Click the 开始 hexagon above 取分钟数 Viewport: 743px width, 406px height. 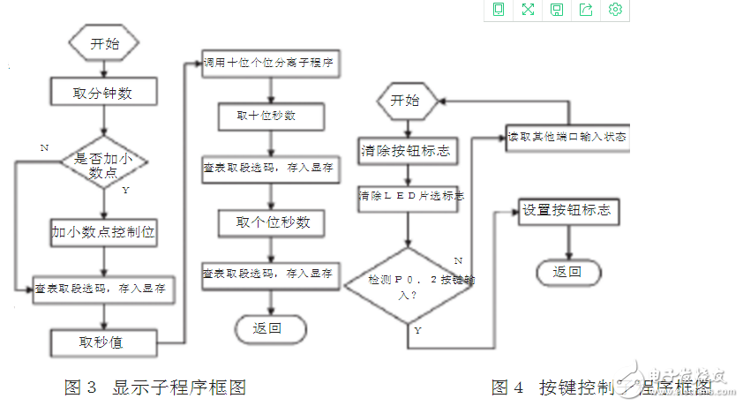(104, 43)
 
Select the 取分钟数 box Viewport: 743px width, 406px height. (104, 91)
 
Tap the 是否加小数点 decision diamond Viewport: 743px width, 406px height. (104, 165)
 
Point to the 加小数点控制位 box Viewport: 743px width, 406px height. (104, 232)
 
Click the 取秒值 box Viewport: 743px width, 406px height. (104, 341)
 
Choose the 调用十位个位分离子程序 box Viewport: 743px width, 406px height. (272, 64)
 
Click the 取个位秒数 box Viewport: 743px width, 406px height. (272, 222)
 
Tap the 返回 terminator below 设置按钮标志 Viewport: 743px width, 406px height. (567, 272)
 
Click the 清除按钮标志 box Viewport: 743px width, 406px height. (406, 150)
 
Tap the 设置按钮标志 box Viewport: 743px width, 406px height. (566, 212)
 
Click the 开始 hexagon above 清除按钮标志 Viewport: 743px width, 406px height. (405, 101)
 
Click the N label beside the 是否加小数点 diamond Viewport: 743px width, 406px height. (44, 148)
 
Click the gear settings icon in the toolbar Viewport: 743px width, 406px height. (616, 10)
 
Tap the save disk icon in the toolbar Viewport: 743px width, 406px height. (557, 10)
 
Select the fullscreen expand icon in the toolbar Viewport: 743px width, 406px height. (528, 10)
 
